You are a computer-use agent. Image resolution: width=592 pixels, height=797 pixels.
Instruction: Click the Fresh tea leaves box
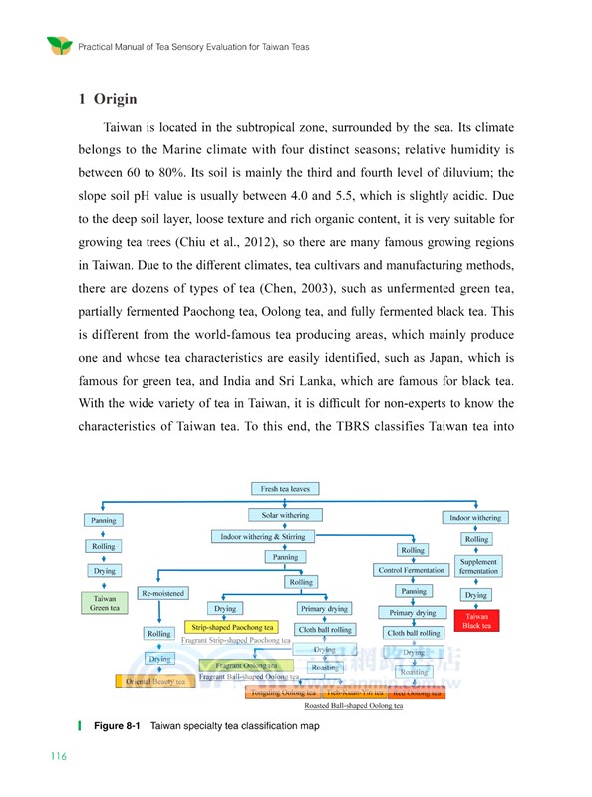(285, 489)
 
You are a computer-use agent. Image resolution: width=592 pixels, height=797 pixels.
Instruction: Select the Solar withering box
(285, 515)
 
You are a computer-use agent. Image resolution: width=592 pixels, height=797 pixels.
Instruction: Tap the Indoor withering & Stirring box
(264, 536)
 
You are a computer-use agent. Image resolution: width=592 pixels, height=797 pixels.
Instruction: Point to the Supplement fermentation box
(478, 567)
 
